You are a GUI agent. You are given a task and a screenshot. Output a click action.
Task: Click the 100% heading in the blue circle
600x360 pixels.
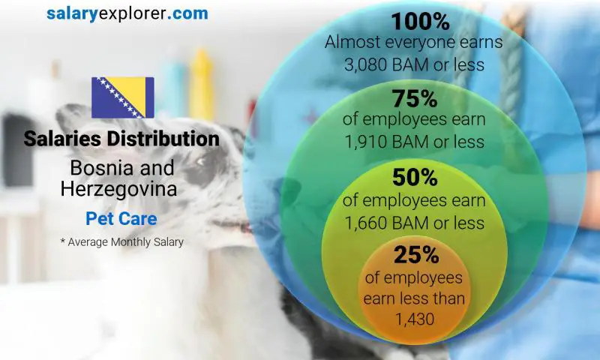click(x=414, y=20)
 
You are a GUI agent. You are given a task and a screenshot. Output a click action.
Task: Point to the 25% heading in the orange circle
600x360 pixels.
click(x=414, y=255)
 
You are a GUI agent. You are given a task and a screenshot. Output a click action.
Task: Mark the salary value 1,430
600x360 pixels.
click(x=414, y=319)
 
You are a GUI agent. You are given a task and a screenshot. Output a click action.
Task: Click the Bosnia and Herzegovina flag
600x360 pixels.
click(x=122, y=97)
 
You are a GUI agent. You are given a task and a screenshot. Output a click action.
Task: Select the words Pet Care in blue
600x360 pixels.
click(x=121, y=220)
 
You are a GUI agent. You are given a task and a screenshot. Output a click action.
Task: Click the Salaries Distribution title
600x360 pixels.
click(x=121, y=139)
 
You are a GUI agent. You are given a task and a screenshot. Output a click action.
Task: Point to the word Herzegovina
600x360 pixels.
click(x=119, y=189)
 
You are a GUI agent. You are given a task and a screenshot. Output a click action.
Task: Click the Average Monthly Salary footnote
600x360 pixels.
click(x=121, y=242)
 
